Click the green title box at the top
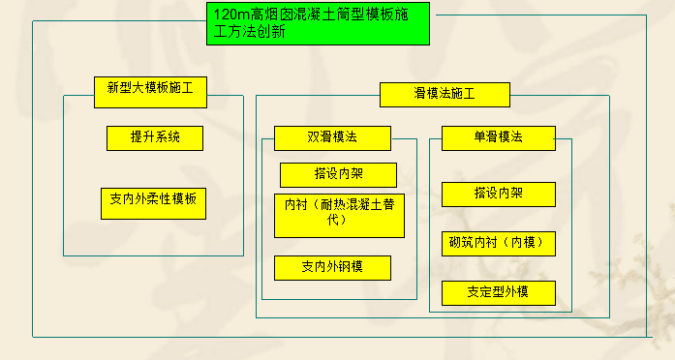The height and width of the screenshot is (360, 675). [x=317, y=23]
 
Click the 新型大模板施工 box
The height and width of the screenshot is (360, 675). [x=150, y=88]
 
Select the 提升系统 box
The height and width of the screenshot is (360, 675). [x=155, y=138]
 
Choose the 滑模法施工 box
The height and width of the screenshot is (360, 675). [x=445, y=94]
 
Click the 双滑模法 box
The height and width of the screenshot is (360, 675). [x=332, y=138]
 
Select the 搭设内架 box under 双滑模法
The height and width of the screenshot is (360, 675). [x=338, y=175]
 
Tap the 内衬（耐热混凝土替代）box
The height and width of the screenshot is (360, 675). [x=338, y=216]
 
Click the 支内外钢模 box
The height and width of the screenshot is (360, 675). [x=332, y=267]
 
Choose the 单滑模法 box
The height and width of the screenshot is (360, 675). [x=498, y=137]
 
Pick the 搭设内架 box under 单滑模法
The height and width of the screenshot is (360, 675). [x=498, y=194]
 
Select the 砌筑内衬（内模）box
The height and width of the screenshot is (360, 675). [x=498, y=243]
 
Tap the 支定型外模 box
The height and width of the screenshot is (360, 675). [x=498, y=292]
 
